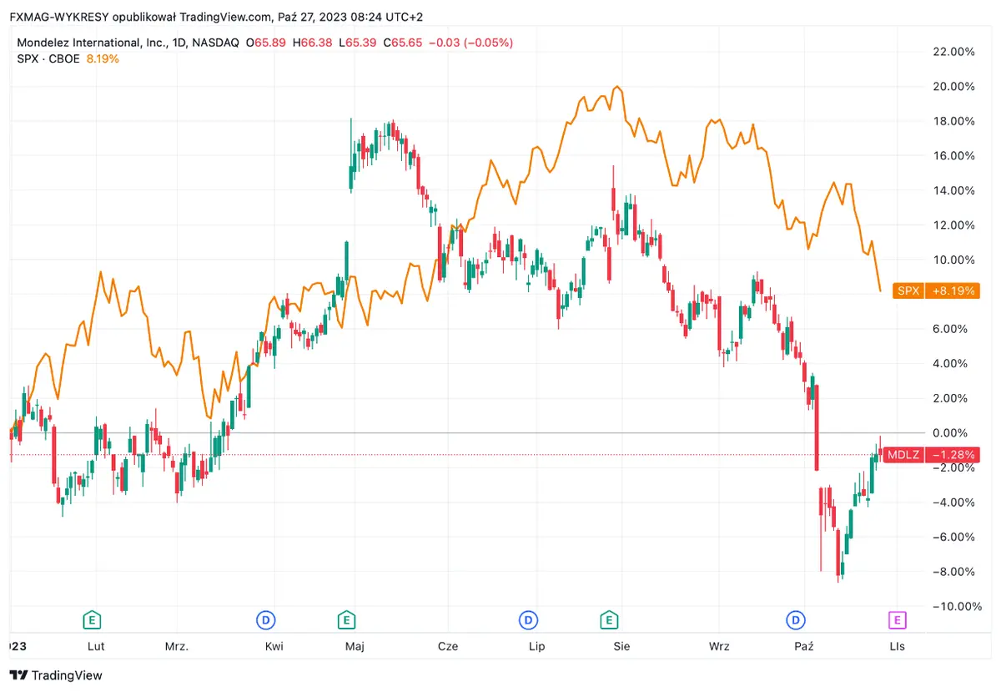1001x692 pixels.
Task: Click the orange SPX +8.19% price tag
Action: click(x=935, y=291)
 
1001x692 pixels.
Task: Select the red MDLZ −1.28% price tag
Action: click(x=930, y=455)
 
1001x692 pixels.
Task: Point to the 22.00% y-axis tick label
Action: click(x=952, y=52)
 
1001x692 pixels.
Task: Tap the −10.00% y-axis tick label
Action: click(x=950, y=606)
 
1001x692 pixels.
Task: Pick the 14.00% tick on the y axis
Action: click(x=952, y=190)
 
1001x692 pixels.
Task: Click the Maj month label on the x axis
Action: click(x=355, y=647)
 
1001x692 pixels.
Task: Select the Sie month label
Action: click(x=621, y=647)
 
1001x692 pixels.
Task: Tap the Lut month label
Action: click(x=96, y=647)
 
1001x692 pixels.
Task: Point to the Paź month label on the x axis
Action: click(x=804, y=647)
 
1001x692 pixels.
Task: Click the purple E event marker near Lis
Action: click(x=896, y=619)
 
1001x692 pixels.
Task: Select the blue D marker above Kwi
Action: click(x=265, y=619)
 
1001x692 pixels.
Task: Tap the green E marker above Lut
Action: click(x=92, y=619)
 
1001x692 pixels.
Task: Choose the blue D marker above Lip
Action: click(x=528, y=619)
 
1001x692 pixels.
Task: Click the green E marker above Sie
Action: click(x=610, y=619)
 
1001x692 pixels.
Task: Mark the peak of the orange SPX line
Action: click(x=616, y=87)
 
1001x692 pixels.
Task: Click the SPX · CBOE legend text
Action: click(x=48, y=58)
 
